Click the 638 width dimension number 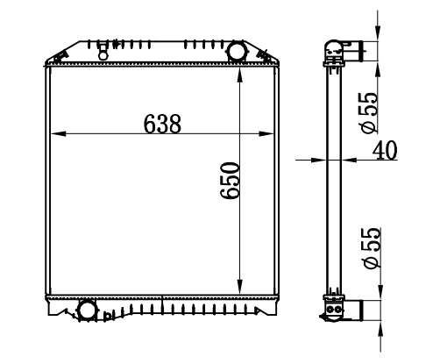click(162, 124)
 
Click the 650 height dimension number click(231, 181)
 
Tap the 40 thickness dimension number click(385, 150)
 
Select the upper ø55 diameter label click(368, 113)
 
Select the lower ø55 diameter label click(371, 248)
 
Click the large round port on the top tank click(238, 51)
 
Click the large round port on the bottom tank click(86, 310)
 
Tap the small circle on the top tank click(103, 55)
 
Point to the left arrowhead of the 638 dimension click(58, 134)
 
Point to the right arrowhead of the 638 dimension click(266, 134)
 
